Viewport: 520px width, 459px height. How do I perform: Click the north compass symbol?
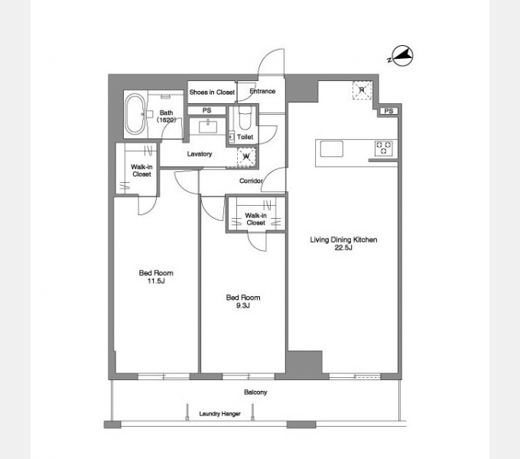tap(402, 55)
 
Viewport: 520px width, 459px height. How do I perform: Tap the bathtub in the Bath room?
tap(135, 114)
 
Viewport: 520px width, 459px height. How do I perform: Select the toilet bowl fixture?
tap(245, 119)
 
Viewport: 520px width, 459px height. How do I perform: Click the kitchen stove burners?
tap(383, 148)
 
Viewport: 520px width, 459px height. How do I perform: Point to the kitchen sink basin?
tap(332, 148)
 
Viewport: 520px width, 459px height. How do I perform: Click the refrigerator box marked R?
tap(362, 90)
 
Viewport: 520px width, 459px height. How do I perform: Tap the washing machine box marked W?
tap(247, 157)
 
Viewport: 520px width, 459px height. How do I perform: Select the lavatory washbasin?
tap(208, 127)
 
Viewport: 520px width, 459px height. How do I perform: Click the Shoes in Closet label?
tap(212, 93)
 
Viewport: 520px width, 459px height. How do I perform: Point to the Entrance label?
tap(262, 91)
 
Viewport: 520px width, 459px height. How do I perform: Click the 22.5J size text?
tap(343, 247)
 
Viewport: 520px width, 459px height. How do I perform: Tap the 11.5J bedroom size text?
tap(156, 281)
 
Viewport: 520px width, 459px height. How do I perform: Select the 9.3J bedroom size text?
tap(242, 305)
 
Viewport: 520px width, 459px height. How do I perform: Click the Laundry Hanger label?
tap(220, 414)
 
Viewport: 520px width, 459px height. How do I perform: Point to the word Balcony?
tap(255, 392)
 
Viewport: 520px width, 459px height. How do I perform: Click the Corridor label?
tap(251, 181)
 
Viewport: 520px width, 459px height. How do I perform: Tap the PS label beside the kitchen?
tap(388, 111)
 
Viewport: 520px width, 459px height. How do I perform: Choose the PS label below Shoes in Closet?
tap(206, 110)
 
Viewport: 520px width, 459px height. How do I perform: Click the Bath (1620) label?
tap(166, 116)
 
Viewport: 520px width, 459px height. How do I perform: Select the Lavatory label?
tap(200, 154)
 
